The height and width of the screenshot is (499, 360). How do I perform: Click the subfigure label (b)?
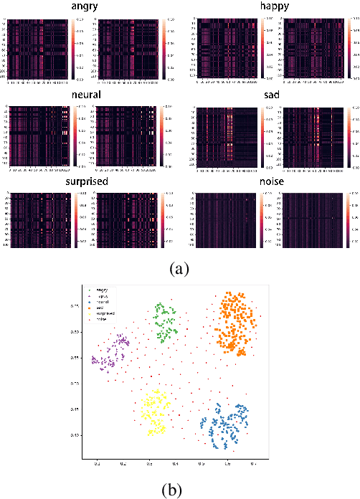pos(179,490)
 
